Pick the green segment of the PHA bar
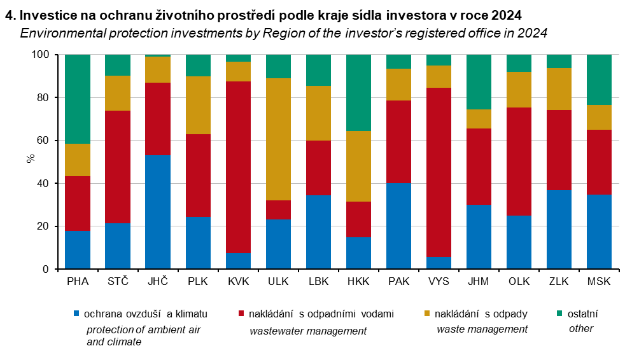[78, 99]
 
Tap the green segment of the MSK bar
[599, 80]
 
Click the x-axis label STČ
[118, 282]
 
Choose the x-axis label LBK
[319, 282]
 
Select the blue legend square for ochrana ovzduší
[77, 314]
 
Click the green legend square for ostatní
[560, 314]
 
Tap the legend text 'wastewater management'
[308, 331]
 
